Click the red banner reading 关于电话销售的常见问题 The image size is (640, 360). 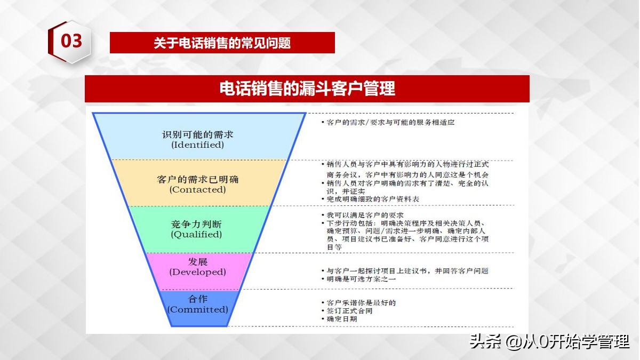pos(222,43)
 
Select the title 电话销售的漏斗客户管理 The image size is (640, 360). pos(307,88)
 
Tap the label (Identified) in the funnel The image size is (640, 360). pos(197,145)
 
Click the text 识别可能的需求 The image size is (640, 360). pos(198,133)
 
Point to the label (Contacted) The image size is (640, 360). pos(197,189)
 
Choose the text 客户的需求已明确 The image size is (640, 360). pos(198,179)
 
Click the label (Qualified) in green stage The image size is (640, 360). pos(196,234)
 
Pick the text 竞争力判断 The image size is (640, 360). pos(196,223)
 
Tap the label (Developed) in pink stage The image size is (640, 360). pos(198,271)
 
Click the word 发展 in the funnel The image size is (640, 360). pos(198,261)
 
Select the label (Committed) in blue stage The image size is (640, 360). pos(197,309)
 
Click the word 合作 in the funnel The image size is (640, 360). pos(198,299)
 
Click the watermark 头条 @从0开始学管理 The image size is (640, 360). pos(549,341)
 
